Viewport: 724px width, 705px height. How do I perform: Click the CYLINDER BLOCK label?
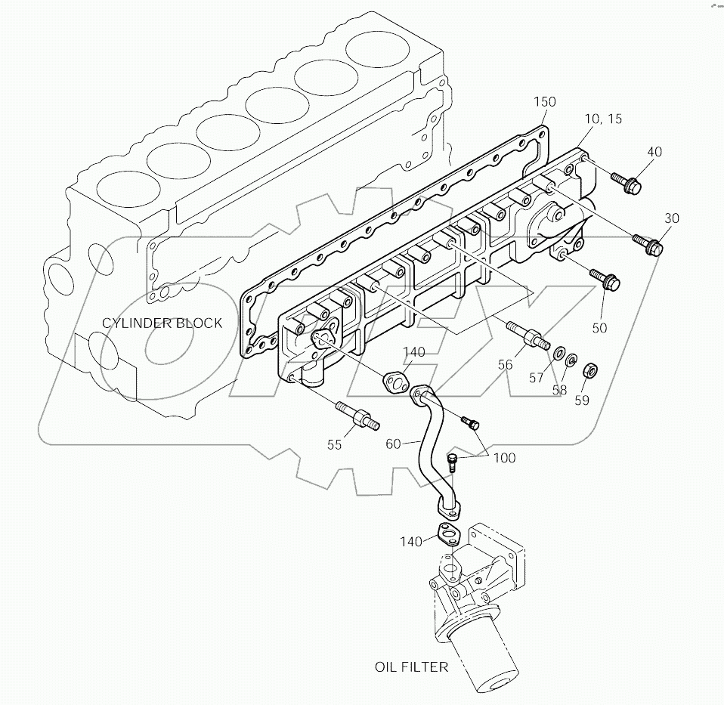(162, 323)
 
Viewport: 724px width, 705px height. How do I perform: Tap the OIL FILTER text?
(412, 666)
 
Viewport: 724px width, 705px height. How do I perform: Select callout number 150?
(544, 102)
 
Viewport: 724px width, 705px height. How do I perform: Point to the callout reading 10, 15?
(602, 119)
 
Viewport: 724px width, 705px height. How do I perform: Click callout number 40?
(654, 152)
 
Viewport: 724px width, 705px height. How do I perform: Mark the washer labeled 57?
(558, 352)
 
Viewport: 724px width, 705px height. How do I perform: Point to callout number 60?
(393, 444)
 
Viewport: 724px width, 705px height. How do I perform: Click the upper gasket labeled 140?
(395, 382)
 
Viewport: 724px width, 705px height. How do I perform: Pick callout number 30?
(671, 218)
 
